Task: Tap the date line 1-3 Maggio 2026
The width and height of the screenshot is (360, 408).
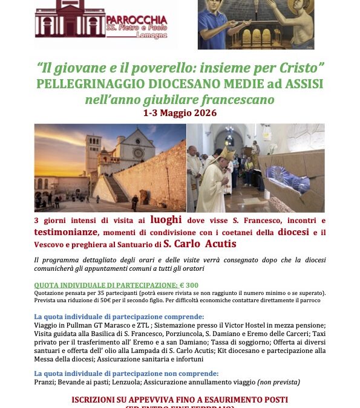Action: pyautogui.click(x=180, y=113)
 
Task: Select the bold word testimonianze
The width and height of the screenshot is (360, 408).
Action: pyautogui.click(x=63, y=232)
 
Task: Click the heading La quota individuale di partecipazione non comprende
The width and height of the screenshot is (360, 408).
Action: pyautogui.click(x=118, y=374)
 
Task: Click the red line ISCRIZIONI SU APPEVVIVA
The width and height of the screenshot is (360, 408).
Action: pyautogui.click(x=180, y=400)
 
